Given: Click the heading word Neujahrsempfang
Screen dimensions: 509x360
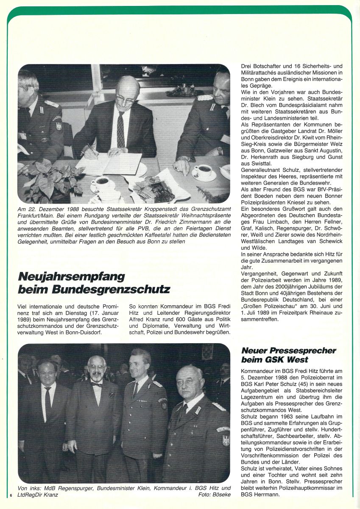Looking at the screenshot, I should (71, 277).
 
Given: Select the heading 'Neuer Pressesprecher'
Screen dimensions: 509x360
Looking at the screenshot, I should (288, 351).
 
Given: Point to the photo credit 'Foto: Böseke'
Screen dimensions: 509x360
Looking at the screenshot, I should (214, 495).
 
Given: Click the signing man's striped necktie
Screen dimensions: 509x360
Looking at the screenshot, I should (121, 129).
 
